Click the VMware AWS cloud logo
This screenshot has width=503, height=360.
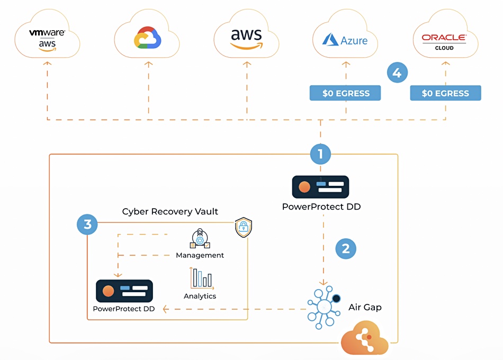click(x=47, y=40)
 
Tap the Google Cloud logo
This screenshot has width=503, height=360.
click(x=147, y=38)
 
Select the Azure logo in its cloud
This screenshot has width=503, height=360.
click(x=345, y=40)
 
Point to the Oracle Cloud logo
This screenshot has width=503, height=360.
click(x=444, y=42)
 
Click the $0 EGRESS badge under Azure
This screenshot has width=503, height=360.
click(x=345, y=93)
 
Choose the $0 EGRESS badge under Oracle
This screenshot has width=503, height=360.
click(x=446, y=93)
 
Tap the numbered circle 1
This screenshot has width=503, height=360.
click(x=320, y=154)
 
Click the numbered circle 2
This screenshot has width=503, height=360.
click(x=346, y=249)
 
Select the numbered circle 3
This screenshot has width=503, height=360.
click(x=87, y=224)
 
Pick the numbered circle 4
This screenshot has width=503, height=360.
click(x=397, y=73)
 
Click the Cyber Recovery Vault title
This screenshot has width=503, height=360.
click(x=170, y=211)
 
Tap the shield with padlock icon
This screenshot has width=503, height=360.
click(x=244, y=227)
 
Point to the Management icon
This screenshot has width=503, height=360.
click(x=200, y=238)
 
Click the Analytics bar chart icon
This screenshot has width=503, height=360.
click(x=201, y=278)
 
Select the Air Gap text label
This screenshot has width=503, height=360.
click(x=365, y=307)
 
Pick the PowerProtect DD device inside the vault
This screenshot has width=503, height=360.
click(x=124, y=291)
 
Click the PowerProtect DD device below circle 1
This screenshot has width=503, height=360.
click(x=320, y=187)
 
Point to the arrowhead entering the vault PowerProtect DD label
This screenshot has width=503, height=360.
click(x=166, y=309)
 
